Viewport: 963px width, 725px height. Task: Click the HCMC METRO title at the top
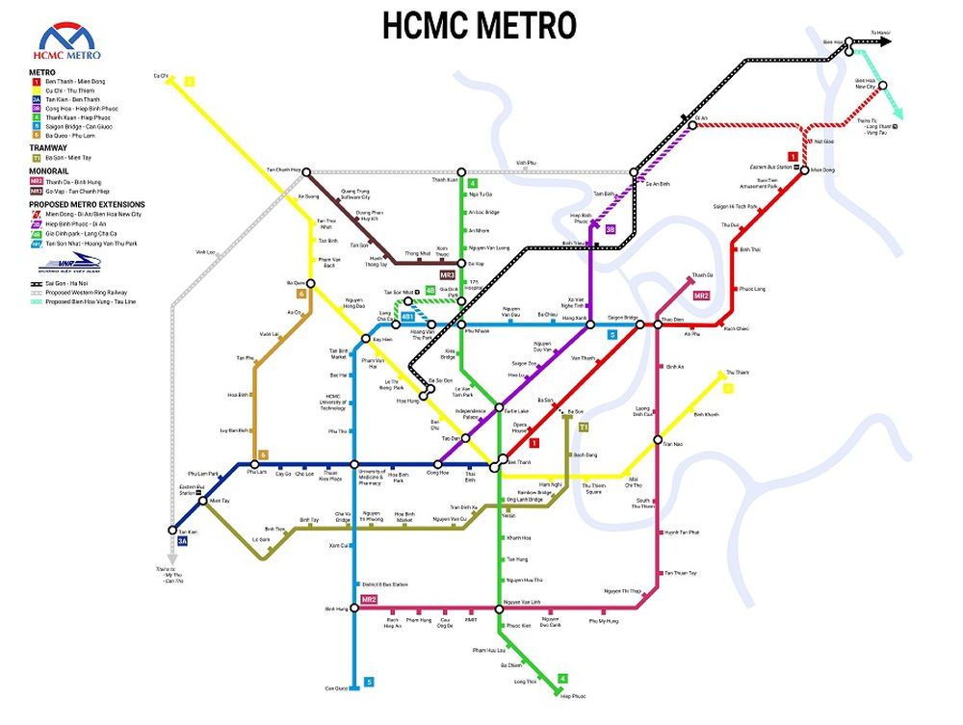[x=479, y=25]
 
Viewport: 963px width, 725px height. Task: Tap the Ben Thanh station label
[x=519, y=462]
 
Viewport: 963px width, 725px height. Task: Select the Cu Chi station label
[x=161, y=75]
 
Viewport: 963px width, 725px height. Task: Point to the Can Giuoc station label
[x=335, y=687]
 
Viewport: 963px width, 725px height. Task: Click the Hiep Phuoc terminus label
[x=573, y=695]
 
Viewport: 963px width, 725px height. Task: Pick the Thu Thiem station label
[x=737, y=372]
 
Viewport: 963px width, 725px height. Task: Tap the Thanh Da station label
[x=702, y=275]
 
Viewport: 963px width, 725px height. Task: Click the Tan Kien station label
[x=188, y=531]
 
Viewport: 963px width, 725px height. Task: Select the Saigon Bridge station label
[x=623, y=318]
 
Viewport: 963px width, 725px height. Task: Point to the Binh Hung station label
[x=335, y=608]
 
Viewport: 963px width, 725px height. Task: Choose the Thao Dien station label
[x=672, y=319]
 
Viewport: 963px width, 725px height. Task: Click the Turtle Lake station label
[x=516, y=410]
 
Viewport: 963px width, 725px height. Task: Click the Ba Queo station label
[x=296, y=283]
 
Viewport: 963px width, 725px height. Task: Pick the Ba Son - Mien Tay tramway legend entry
[x=66, y=157]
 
